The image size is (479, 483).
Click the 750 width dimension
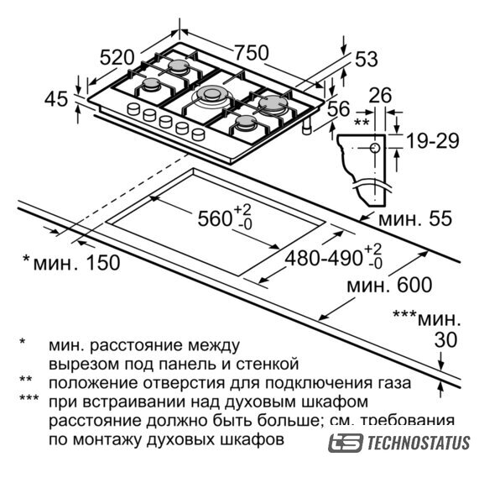coord(252,53)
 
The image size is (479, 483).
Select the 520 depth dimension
coord(117,58)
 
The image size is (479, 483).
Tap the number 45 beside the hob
coord(56,99)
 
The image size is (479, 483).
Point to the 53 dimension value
coord(367,59)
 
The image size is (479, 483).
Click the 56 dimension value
coord(338,108)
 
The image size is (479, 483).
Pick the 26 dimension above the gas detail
coord(380,95)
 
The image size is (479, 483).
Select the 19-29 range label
coord(433,141)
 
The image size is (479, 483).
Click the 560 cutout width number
coord(215,219)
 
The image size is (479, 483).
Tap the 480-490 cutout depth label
coord(323,258)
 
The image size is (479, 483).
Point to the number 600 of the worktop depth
coord(414,285)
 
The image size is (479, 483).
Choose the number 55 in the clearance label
coord(440,218)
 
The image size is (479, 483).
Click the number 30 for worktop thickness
coord(445,340)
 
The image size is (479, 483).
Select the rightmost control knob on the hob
coord(198,134)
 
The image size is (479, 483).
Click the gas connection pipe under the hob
coord(307,126)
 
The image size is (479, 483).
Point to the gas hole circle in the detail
coord(375,148)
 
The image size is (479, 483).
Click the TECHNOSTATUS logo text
coord(419,443)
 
